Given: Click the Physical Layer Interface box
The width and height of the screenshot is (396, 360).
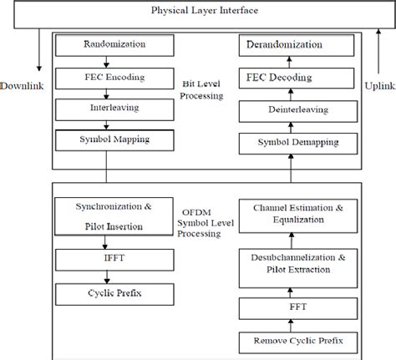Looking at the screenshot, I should tap(199, 12).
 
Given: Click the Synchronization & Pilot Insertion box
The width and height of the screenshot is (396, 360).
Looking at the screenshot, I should tap(103, 215).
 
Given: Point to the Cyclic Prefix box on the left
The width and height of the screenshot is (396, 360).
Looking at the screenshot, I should tap(103, 294).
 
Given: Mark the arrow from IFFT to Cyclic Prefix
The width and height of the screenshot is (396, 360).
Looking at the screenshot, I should tap(103, 277).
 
